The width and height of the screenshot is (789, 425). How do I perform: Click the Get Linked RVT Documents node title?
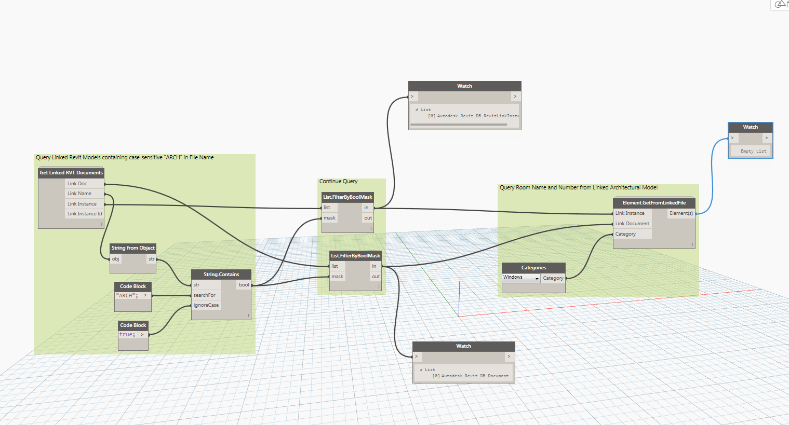(x=71, y=173)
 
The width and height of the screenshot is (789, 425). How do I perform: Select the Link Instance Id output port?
(x=85, y=214)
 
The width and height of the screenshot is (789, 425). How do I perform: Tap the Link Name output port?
(x=79, y=194)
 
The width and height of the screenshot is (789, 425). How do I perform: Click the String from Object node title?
(x=133, y=248)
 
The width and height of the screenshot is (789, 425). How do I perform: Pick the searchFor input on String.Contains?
(x=205, y=295)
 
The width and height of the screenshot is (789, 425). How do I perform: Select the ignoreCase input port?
(x=206, y=305)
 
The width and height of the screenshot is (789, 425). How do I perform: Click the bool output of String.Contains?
(x=244, y=285)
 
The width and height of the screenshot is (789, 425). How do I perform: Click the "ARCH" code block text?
(x=127, y=296)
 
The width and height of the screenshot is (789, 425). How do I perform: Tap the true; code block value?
(x=127, y=335)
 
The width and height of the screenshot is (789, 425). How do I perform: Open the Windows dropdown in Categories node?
(x=521, y=278)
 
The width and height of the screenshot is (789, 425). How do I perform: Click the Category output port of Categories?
(x=553, y=278)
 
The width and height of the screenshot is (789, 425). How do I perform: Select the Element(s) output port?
(x=681, y=213)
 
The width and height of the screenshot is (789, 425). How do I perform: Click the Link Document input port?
(x=632, y=224)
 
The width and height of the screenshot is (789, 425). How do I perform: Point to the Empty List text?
(x=753, y=151)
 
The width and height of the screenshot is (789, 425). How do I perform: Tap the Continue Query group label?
(x=338, y=181)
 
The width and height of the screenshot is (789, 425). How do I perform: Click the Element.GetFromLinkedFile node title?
(x=654, y=203)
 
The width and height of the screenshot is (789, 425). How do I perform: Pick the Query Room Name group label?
(x=578, y=187)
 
